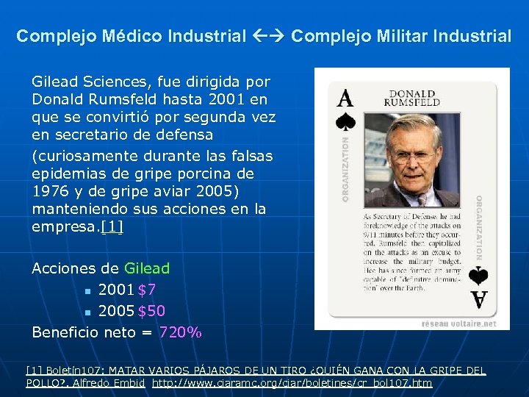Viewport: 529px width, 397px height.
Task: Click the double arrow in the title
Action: pos(271,36)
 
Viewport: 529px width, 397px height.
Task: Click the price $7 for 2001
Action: pos(147,290)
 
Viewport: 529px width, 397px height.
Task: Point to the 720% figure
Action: pos(180,332)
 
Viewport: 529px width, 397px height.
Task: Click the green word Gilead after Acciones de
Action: pos(147,268)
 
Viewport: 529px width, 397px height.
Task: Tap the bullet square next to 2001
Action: pos(87,291)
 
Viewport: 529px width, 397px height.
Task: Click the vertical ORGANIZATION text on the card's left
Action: pos(346,168)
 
